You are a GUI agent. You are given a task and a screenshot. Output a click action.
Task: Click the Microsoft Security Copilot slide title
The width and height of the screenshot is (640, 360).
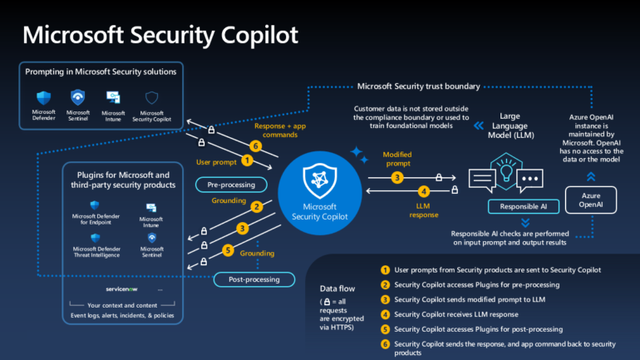[x=160, y=34]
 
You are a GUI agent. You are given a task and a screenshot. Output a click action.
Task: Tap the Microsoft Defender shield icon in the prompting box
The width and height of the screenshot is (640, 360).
[x=43, y=96]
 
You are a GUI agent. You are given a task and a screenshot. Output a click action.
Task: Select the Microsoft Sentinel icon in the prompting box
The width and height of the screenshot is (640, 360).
[x=78, y=96]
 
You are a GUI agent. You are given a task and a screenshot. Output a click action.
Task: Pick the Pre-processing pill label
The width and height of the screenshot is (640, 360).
[x=231, y=185]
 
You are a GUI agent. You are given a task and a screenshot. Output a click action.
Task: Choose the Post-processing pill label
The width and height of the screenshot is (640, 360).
[x=247, y=279]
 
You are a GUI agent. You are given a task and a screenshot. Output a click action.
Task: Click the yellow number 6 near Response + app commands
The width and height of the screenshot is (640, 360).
[x=257, y=146]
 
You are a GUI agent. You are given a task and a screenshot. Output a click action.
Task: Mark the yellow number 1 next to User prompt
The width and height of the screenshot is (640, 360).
[x=246, y=160]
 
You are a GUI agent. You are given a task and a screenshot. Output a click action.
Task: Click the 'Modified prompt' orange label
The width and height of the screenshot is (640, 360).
[x=397, y=159]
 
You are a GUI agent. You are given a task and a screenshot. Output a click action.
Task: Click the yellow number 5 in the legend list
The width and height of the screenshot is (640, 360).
[x=384, y=328]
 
